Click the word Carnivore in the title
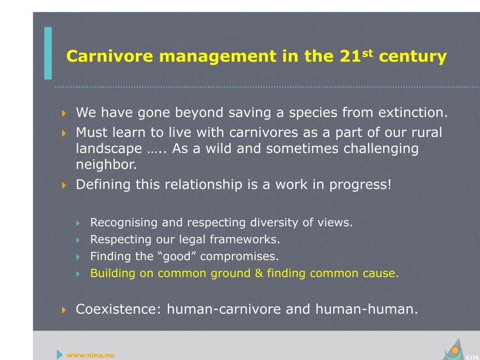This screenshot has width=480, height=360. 110,56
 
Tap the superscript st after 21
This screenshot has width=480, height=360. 367,53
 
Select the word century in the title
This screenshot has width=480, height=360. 412,57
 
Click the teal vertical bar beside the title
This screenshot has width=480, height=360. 48,53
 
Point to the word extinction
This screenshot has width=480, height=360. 413,112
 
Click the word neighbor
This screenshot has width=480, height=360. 106,165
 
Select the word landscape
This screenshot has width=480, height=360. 109,149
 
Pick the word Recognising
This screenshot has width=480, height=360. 124,223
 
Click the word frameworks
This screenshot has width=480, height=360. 245,240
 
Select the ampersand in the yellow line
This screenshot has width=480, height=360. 259,273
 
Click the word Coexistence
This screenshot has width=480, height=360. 118,309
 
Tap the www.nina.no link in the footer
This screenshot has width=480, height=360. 90,355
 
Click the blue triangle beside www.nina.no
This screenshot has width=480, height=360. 60,354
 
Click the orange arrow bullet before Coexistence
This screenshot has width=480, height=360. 64,310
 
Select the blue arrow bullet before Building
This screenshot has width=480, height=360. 78,274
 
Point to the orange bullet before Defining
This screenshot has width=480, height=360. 64,185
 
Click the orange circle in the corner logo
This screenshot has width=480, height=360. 455,350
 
